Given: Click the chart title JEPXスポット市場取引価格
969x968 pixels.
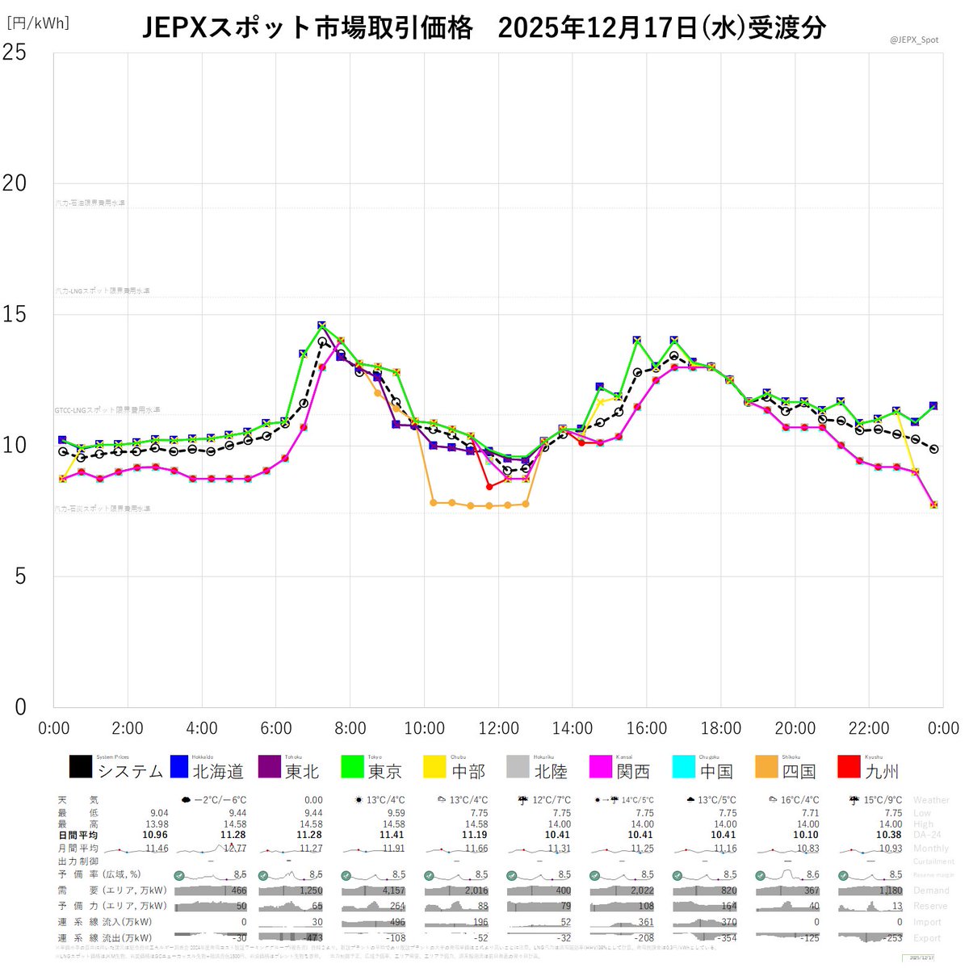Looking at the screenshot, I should [308, 27].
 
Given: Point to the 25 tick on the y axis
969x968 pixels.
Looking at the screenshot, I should [15, 52].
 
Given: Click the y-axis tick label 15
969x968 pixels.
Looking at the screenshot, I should [15, 314].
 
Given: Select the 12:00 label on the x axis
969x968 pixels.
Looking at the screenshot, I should [498, 728].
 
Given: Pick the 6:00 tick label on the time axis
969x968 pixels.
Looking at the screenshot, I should [275, 728].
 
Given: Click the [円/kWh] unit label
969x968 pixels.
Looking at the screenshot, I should [38, 23].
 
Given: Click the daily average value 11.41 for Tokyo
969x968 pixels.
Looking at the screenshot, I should [392, 835].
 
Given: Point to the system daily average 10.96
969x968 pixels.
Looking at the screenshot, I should [155, 835].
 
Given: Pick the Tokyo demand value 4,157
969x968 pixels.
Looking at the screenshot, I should [391, 890].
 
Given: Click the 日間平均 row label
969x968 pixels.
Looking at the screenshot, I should [78, 835].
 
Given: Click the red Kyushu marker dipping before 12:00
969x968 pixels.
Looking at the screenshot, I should [489, 486].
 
